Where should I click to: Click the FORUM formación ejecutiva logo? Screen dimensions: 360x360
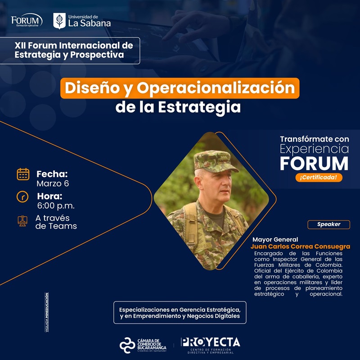[x=27, y=20]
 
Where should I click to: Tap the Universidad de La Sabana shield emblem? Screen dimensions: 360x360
[x=59, y=21]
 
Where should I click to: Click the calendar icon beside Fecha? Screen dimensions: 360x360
[x=23, y=174]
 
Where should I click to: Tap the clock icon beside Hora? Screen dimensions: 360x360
[x=22, y=197]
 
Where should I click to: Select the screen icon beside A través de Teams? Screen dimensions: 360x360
[x=22, y=221]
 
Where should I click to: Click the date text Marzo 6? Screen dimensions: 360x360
[x=53, y=184]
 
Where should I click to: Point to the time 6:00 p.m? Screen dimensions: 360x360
[x=56, y=206]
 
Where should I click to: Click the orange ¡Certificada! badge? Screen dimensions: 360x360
[x=319, y=178]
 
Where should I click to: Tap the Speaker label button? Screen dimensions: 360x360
[x=328, y=224]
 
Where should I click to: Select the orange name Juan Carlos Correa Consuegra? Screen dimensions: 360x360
[x=300, y=247]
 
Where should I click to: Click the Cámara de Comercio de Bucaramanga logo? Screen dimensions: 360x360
[x=143, y=345]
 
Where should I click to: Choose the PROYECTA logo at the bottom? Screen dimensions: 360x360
[x=210, y=344]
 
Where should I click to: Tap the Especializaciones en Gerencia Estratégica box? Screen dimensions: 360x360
[x=180, y=313]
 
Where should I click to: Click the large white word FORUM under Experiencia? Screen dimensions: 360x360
[x=314, y=163]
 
